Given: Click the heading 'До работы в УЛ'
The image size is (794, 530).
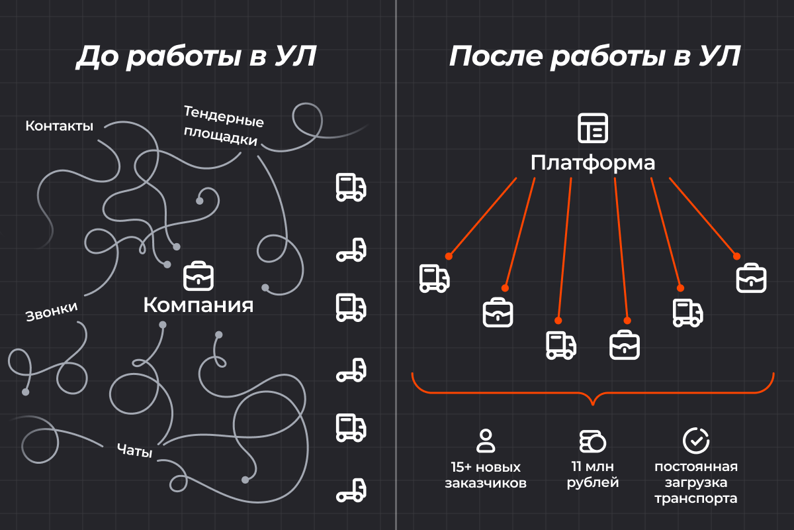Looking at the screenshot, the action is pyautogui.click(x=196, y=56).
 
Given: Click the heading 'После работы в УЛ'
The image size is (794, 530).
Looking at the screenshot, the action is pyautogui.click(x=594, y=56).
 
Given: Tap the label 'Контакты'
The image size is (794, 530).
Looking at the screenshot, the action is pyautogui.click(x=59, y=126).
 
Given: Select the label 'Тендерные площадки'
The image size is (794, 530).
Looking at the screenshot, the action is pyautogui.click(x=224, y=126).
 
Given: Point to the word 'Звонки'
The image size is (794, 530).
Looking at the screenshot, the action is pyautogui.click(x=52, y=311).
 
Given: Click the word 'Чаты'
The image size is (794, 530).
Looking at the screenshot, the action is pyautogui.click(x=135, y=450).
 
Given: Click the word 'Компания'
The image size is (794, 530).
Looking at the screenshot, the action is pyautogui.click(x=198, y=305).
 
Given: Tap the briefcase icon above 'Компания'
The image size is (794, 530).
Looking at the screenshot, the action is pyautogui.click(x=198, y=276).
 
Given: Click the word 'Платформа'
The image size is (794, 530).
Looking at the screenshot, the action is pyautogui.click(x=593, y=163).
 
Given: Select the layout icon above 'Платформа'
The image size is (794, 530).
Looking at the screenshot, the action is pyautogui.click(x=593, y=128).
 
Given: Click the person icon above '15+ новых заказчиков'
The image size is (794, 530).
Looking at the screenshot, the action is pyautogui.click(x=485, y=441).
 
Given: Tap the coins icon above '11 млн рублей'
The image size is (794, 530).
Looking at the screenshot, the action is pyautogui.click(x=592, y=441).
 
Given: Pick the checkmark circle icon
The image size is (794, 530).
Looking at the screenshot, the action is pyautogui.click(x=696, y=441).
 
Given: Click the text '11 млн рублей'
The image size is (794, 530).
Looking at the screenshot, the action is pyautogui.click(x=593, y=474).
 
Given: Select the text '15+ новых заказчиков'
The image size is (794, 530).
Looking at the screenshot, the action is pyautogui.click(x=486, y=475).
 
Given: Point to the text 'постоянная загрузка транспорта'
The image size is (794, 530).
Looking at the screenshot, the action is pyautogui.click(x=696, y=482).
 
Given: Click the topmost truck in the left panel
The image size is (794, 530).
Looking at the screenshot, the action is pyautogui.click(x=351, y=187).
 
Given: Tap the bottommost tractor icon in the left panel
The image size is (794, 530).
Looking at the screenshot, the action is pyautogui.click(x=351, y=490).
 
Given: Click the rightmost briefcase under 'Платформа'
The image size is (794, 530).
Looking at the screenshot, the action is pyautogui.click(x=751, y=278).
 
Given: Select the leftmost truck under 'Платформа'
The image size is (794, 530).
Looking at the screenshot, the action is pyautogui.click(x=435, y=278).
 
